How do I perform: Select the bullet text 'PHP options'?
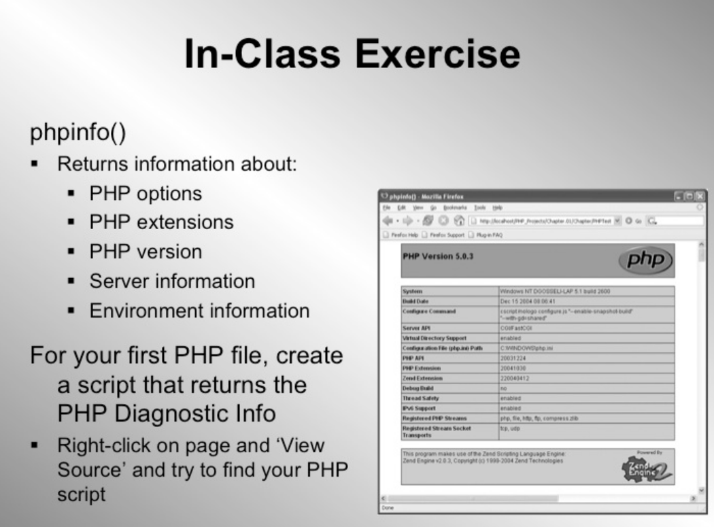point(146,193)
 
